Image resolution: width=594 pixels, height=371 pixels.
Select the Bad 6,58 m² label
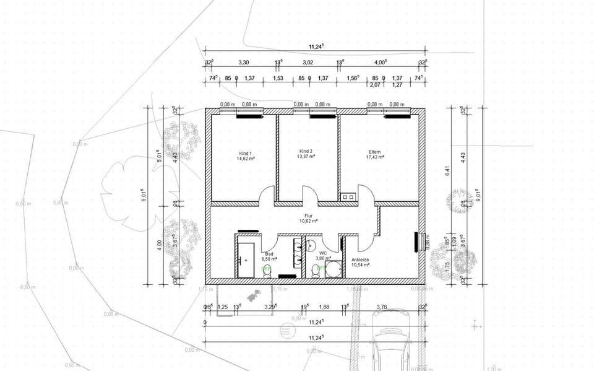(x=269, y=256)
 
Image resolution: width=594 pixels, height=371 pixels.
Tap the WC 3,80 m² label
(x=323, y=256)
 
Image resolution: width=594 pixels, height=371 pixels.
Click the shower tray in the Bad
(x=245, y=257)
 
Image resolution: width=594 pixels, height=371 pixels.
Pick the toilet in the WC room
(x=316, y=271)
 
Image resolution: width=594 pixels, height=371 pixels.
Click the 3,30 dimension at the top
(x=244, y=63)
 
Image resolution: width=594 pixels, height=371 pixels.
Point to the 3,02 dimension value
(x=308, y=63)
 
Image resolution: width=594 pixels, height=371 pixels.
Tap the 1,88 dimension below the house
(x=324, y=307)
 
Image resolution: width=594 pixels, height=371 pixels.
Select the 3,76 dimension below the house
(x=382, y=307)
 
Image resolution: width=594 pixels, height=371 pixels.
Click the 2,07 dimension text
(x=374, y=85)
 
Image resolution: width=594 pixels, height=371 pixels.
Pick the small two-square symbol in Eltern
(x=348, y=198)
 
